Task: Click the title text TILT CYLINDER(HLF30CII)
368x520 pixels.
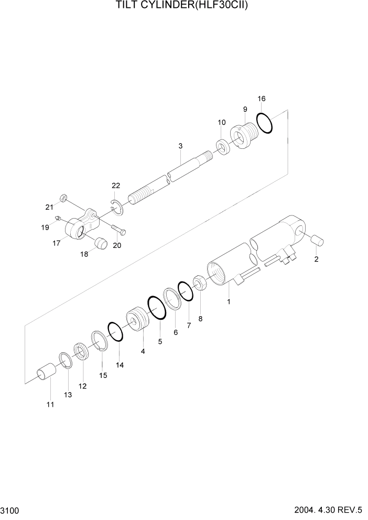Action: coord(183,7)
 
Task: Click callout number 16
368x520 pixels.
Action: coord(262,99)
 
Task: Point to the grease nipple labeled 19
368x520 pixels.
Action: coord(58,218)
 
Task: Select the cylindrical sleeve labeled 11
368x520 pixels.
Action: coord(46,374)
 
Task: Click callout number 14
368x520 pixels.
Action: coord(120,365)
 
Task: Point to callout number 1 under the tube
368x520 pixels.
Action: coord(229,302)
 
